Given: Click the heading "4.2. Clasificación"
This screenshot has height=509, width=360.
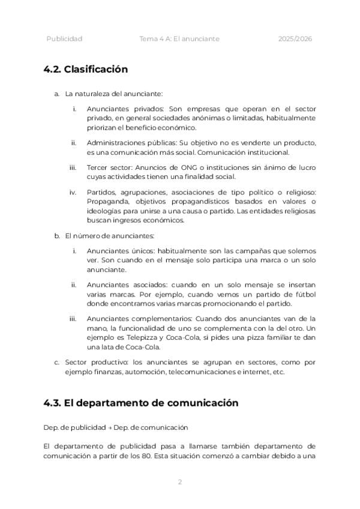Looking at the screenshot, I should (86, 69).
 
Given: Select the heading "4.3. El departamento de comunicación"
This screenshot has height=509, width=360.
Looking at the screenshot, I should (141, 403).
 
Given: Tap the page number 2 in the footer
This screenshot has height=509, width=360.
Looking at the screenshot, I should (179, 481).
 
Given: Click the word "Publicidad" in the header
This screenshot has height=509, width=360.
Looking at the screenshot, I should (64, 39).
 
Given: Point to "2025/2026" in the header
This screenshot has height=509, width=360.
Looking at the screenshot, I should (295, 39).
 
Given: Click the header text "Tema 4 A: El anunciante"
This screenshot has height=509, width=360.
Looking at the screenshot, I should (179, 39).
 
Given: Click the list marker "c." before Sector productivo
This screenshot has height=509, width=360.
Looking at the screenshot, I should (56, 363).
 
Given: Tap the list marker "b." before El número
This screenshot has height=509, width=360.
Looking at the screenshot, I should (56, 236).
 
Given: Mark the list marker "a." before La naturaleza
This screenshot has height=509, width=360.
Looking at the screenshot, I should (56, 94).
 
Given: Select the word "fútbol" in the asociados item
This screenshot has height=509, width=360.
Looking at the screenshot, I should (304, 294).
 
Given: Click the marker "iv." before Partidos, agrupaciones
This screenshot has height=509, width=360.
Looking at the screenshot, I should (73, 192).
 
